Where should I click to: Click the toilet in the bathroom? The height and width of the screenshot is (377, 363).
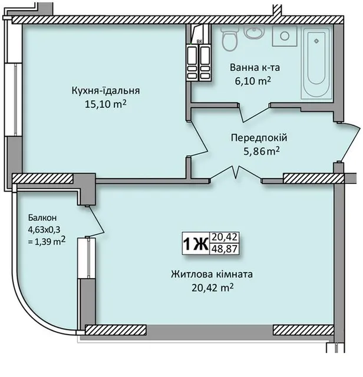tap(230, 38)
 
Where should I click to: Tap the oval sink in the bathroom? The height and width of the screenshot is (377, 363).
tap(254, 31)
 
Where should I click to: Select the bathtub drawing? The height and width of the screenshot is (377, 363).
tap(316, 62)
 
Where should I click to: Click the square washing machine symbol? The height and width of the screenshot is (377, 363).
tap(285, 36)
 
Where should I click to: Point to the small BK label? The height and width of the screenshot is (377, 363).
tap(199, 42)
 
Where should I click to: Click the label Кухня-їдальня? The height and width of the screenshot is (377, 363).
tap(105, 91)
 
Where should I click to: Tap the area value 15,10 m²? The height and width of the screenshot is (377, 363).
tap(105, 104)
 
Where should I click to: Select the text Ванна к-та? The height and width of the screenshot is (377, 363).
tap(255, 68)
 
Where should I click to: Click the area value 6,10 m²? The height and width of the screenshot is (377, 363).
tap(253, 81)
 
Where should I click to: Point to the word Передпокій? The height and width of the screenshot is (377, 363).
tap(259, 138)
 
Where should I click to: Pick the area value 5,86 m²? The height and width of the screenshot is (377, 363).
tap(262, 151)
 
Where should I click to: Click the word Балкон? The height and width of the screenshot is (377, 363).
tap(42, 218)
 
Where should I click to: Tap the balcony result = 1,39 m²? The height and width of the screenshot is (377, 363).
tap(47, 241)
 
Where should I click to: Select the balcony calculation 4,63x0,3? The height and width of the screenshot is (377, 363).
tap(44, 230)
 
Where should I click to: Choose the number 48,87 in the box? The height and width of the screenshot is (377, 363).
tap(225, 249)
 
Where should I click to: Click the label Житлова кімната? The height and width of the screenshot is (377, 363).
tap(212, 275)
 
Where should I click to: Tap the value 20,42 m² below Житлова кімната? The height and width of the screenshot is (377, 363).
tap(213, 287)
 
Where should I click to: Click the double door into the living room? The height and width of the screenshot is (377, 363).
tap(236, 173)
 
